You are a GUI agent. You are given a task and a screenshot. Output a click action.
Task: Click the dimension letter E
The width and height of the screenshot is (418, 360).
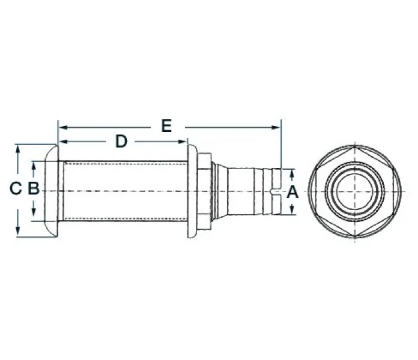[166, 126]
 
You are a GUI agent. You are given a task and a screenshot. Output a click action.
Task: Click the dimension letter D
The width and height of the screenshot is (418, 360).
[121, 142]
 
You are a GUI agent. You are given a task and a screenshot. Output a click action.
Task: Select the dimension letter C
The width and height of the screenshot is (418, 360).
[16, 188]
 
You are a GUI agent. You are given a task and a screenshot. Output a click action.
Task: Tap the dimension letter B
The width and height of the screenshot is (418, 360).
[34, 188]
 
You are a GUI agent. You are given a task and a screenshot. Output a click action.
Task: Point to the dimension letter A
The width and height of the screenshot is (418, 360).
[292, 192]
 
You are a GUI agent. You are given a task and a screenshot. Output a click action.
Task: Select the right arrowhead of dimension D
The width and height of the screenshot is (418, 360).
[183, 142]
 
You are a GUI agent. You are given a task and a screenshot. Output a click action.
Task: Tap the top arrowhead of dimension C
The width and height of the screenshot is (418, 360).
[18, 149]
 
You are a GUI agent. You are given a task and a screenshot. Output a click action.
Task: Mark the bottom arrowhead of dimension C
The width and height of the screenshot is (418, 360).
[18, 231]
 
